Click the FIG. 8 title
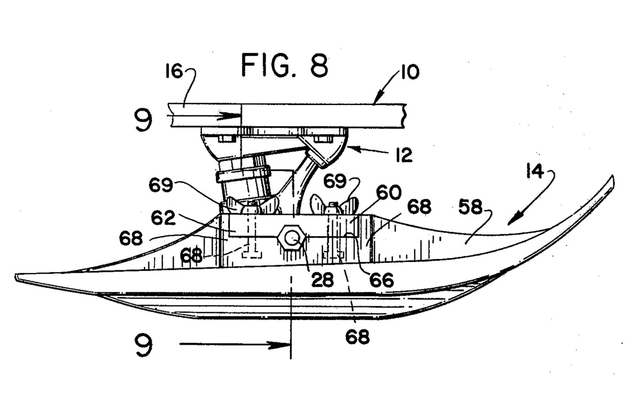click(x=285, y=66)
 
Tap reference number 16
click(x=174, y=72)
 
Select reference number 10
click(x=410, y=72)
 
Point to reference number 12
click(x=404, y=155)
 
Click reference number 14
click(x=535, y=172)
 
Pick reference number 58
click(x=470, y=208)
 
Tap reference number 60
click(x=389, y=193)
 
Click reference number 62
click(x=163, y=218)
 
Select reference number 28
click(x=322, y=279)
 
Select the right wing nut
click(x=334, y=205)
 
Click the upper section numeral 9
click(x=143, y=120)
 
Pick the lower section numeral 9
click(x=143, y=345)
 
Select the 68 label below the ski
click(x=357, y=337)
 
